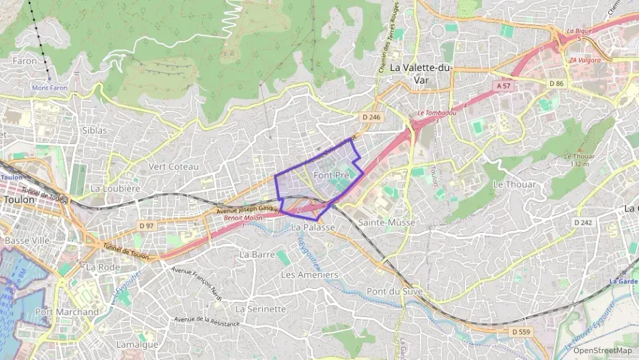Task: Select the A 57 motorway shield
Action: pyautogui.click(x=503, y=85)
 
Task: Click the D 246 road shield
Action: pyautogui.click(x=371, y=117)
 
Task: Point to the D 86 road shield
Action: pyautogui.click(x=558, y=83)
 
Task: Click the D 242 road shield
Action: pyautogui.click(x=582, y=222)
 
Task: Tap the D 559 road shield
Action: pyautogui.click(x=521, y=331)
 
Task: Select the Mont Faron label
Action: pyautogui.click(x=50, y=88)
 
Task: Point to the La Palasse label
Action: pyautogui.click(x=313, y=227)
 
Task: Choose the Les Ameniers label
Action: pyautogui.click(x=309, y=275)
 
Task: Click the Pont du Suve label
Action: pyautogui.click(x=395, y=292)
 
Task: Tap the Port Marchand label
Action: pyautogui.click(x=67, y=311)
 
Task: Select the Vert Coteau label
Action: pyautogui.click(x=173, y=167)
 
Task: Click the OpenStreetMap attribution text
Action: pyautogui.click(x=602, y=350)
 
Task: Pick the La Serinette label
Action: pyautogui.click(x=261, y=309)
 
